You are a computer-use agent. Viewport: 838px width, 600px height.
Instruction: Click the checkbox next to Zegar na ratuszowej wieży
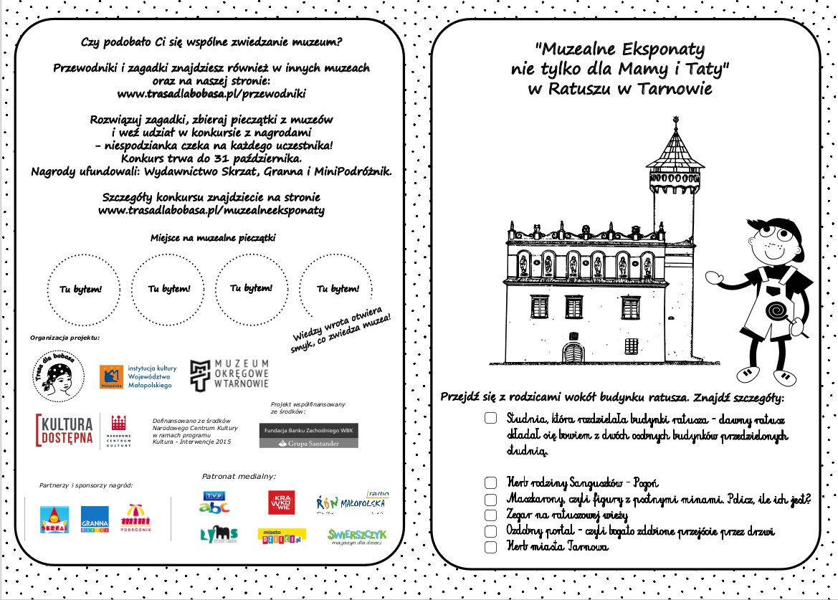pyautogui.click(x=490, y=515)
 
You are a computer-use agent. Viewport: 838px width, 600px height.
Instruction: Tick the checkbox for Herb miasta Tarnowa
pyautogui.click(x=490, y=547)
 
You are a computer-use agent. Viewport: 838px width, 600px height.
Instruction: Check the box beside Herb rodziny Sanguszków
pyautogui.click(x=490, y=483)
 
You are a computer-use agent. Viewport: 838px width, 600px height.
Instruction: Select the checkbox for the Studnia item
pyautogui.click(x=490, y=417)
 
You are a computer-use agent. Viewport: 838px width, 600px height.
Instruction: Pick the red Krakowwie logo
pyautogui.click(x=281, y=503)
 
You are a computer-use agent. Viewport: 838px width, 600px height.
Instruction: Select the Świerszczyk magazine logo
pyautogui.click(x=357, y=537)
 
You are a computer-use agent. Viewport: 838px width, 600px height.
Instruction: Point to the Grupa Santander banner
pyautogui.click(x=309, y=444)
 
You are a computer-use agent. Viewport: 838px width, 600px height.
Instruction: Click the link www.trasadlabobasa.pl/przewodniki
pyautogui.click(x=211, y=93)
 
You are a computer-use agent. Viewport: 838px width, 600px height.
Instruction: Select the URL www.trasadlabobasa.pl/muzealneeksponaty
pyautogui.click(x=211, y=210)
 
